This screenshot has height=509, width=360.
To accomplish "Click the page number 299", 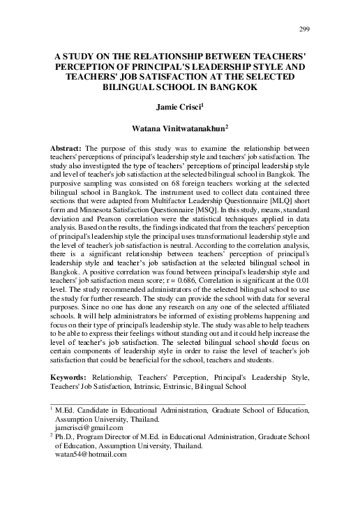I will [x=303, y=28].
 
